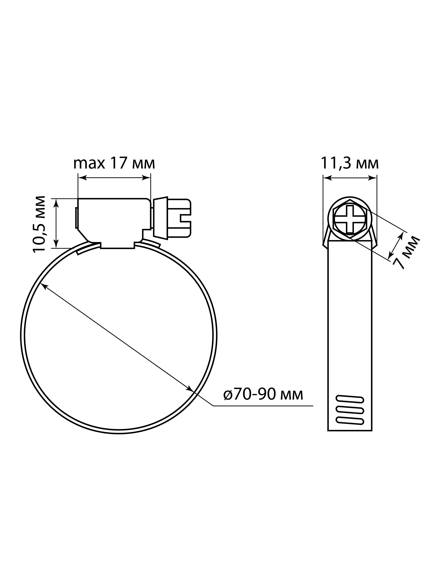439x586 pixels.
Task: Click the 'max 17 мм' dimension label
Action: coord(114,163)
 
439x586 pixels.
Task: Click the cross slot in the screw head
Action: coord(350,219)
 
